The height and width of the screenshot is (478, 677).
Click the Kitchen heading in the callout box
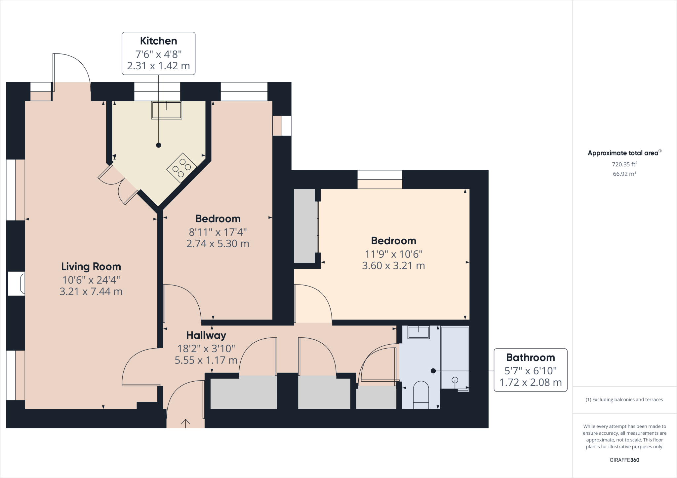click(x=158, y=41)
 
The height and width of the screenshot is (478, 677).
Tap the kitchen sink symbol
click(x=167, y=110)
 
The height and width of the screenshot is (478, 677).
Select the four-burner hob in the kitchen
click(x=181, y=168)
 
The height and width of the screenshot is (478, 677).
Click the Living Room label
click(x=91, y=266)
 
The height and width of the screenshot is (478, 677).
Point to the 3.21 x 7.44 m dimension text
click(x=91, y=291)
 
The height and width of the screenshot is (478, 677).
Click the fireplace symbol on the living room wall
click(x=17, y=284)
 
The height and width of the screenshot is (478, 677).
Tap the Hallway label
click(x=206, y=335)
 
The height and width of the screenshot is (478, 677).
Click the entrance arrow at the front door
click(x=185, y=423)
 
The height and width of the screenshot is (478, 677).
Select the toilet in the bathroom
click(x=421, y=394)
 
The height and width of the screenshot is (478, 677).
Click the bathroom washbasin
click(x=418, y=332)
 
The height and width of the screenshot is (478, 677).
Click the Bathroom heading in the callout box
click(x=530, y=358)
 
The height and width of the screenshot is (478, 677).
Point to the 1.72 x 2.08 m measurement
click(x=530, y=383)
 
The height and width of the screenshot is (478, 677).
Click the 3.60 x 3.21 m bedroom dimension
click(x=393, y=266)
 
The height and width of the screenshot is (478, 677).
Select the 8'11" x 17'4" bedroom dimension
click(x=218, y=232)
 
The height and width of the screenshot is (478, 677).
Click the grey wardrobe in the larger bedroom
click(x=304, y=226)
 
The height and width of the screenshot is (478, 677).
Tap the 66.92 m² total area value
click(x=624, y=174)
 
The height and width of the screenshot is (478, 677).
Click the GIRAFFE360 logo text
click(x=624, y=460)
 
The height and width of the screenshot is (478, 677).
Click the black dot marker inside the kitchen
click(x=159, y=145)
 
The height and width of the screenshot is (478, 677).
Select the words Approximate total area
click(x=623, y=153)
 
